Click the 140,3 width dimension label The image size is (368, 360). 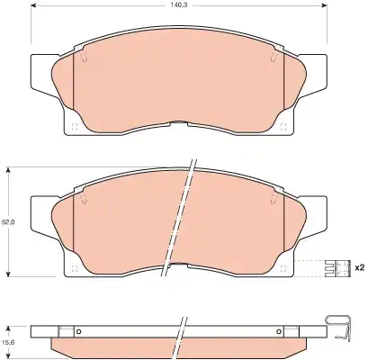click(x=178, y=5)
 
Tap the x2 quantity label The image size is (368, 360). click(x=359, y=267)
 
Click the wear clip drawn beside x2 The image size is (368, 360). click(x=337, y=268)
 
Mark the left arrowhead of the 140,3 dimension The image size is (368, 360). click(x=34, y=5)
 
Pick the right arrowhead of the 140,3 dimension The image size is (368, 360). click(x=324, y=5)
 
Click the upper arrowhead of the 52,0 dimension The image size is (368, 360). click(x=9, y=170)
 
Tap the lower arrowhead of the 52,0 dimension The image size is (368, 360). click(x=9, y=274)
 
